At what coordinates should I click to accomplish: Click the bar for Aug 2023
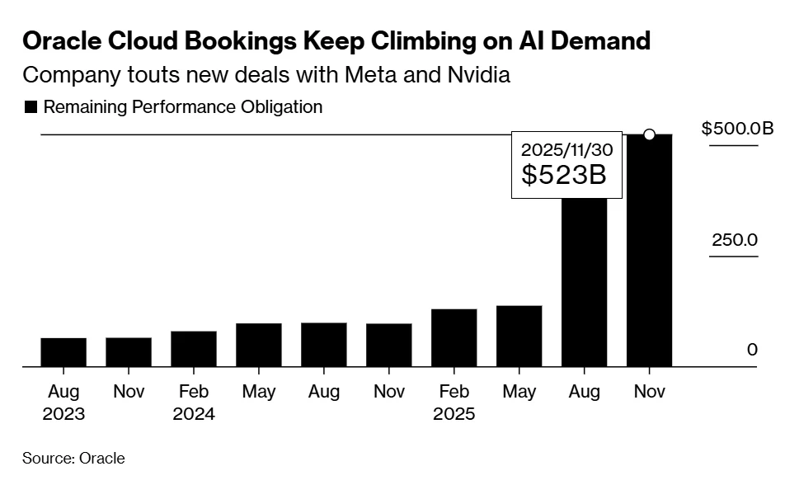click(x=63, y=352)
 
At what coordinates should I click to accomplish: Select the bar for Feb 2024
click(x=194, y=349)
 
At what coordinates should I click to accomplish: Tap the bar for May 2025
click(x=519, y=336)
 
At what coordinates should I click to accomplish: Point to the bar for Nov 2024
click(x=389, y=345)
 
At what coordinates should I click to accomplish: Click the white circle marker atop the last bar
click(x=649, y=134)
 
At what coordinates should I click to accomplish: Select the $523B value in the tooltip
click(x=564, y=174)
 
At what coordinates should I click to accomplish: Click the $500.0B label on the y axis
click(x=737, y=129)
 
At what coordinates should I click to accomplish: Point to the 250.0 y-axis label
click(x=735, y=240)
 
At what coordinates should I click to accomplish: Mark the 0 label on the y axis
click(x=751, y=350)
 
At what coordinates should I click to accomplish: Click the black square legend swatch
click(x=31, y=107)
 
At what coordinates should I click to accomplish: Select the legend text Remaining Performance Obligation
click(x=182, y=107)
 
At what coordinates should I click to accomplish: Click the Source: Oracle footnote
click(x=73, y=459)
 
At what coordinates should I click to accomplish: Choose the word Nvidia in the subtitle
click(x=481, y=76)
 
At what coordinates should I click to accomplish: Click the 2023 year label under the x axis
click(x=63, y=414)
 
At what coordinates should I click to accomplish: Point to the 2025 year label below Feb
click(x=454, y=414)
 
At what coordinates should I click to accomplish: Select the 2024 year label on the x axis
click(x=194, y=414)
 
